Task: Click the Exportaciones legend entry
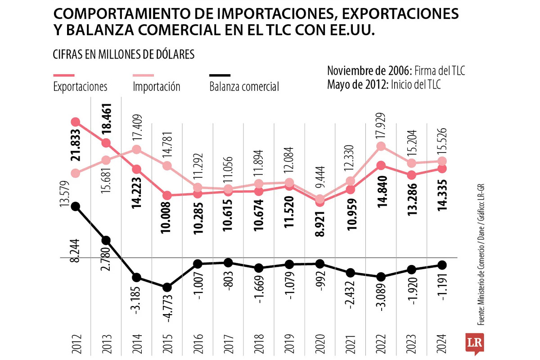80,86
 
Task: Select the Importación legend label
156,86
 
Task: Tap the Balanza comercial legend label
244,86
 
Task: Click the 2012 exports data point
76,122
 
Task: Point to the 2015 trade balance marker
167,287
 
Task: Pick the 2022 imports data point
381,146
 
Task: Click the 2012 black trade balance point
76,206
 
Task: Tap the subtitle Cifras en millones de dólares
124,54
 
